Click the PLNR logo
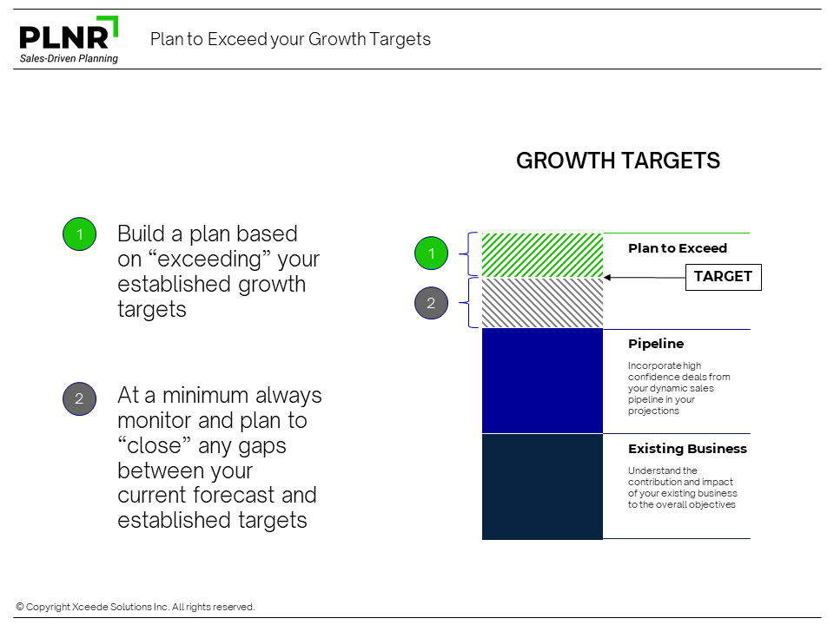(69, 40)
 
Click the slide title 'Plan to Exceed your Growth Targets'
(290, 39)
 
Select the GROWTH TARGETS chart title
(618, 161)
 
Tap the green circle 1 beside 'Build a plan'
(79, 234)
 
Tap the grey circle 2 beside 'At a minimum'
(79, 398)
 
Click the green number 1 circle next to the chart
(432, 253)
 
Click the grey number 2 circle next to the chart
(432, 303)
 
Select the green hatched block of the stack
(542, 255)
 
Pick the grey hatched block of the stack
(542, 303)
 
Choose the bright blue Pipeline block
(542, 381)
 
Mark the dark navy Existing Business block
(542, 487)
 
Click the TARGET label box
(724, 277)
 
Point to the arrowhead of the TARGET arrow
(606, 277)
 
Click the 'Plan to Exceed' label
(678, 248)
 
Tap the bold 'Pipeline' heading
(656, 344)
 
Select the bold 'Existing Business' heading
(687, 449)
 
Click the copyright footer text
(136, 607)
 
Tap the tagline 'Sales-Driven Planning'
(69, 58)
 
